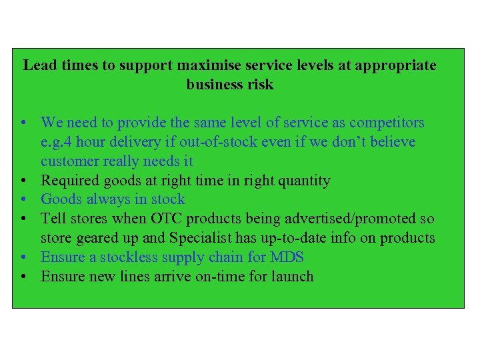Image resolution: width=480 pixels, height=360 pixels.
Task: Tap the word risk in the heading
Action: pos(260,85)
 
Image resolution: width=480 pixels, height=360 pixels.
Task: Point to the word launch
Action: pos(291,276)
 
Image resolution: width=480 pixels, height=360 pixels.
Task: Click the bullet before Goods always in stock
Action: pos(23,199)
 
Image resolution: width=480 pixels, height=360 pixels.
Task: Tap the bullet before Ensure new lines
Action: pos(23,277)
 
